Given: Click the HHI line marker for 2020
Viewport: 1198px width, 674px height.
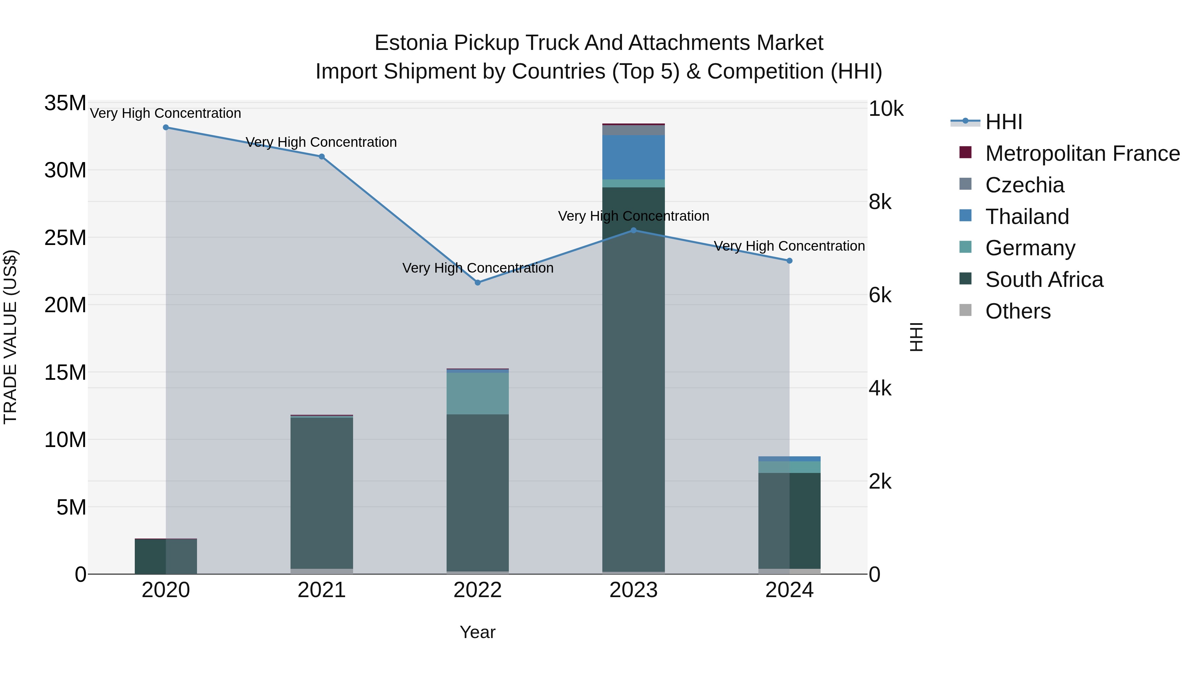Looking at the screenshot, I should (x=166, y=127).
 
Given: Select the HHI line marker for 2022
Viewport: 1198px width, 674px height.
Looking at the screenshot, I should (x=477, y=282).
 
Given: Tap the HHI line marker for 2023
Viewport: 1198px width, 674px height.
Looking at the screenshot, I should (x=633, y=230).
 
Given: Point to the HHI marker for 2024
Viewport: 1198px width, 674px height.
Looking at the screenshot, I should (x=789, y=261).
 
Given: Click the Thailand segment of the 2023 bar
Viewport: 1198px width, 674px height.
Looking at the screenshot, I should (x=633, y=157).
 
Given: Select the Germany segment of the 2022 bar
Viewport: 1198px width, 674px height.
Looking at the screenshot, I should (x=477, y=393).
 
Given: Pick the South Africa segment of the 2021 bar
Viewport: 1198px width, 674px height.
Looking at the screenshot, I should (x=321, y=493).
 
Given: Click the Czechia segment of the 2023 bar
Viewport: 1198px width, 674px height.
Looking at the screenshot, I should (x=633, y=130).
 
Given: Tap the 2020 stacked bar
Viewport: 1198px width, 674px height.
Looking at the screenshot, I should (x=166, y=556).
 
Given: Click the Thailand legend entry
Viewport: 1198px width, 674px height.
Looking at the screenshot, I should (x=1027, y=217).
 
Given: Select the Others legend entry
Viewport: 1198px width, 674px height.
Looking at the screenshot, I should (x=1018, y=311).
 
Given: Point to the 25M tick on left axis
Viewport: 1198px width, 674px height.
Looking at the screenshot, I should (x=65, y=238).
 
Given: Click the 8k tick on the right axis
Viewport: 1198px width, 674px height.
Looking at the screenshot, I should (x=880, y=202).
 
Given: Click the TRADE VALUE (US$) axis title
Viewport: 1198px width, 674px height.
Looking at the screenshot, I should (x=10, y=337).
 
